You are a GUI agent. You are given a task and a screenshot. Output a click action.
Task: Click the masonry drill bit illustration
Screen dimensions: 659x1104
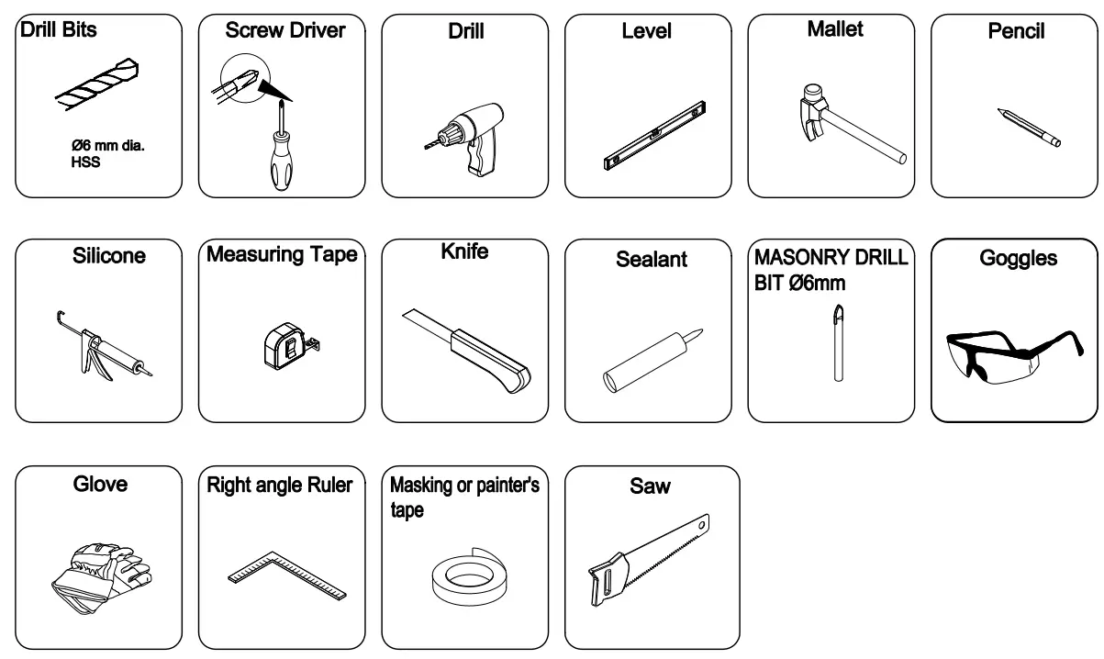pyautogui.click(x=835, y=340)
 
